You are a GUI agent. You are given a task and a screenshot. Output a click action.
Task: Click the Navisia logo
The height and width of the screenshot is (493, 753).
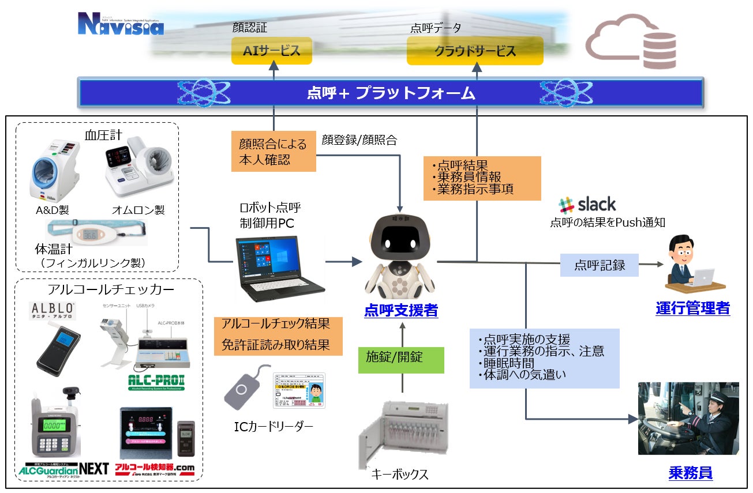121,25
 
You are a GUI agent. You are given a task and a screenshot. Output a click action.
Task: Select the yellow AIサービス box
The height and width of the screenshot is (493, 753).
271,51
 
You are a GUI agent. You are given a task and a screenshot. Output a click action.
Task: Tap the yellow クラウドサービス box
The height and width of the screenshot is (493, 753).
475,51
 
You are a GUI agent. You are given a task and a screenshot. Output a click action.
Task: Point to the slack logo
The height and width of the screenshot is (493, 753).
587,204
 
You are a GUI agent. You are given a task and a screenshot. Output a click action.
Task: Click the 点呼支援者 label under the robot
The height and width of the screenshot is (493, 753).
401,311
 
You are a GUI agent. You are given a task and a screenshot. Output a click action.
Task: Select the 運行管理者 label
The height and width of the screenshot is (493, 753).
692,308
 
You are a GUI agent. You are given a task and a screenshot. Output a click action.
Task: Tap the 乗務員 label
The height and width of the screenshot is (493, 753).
690,473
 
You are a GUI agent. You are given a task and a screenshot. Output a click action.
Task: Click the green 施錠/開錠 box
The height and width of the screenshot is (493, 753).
402,359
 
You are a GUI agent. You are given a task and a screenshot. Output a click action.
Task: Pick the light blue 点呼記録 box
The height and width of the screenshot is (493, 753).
600,265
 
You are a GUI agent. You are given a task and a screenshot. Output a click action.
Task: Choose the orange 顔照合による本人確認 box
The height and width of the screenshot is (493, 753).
274,152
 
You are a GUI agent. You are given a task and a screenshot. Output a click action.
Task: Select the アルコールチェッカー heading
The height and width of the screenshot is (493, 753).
108,289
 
